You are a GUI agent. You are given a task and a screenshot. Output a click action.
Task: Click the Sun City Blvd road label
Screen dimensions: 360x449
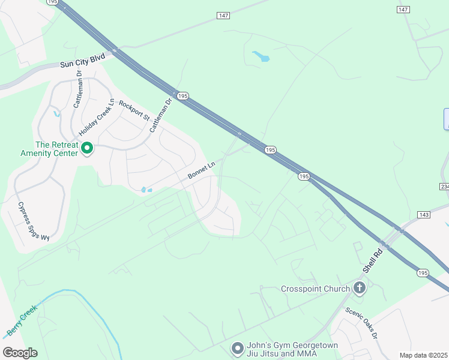pyautogui.click(x=82, y=61)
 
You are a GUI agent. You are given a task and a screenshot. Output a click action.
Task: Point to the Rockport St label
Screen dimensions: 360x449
pyautogui.click(x=133, y=110)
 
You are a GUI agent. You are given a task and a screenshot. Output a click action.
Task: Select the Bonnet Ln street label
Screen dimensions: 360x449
pyautogui.click(x=201, y=170)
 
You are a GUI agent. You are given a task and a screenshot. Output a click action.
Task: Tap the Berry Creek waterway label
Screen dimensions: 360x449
pyautogui.click(x=22, y=320)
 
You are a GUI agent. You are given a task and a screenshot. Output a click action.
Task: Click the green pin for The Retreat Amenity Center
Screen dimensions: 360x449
pyautogui.click(x=87, y=148)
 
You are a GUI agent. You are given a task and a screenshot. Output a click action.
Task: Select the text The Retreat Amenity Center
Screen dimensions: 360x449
pyautogui.click(x=57, y=149)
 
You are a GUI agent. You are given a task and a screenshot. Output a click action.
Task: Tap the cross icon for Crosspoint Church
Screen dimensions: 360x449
pyautogui.click(x=359, y=289)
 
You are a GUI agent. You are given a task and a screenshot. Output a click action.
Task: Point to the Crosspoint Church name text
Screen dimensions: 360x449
pyautogui.click(x=315, y=289)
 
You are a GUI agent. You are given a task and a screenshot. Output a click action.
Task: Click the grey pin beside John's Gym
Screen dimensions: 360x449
pyautogui.click(x=237, y=348)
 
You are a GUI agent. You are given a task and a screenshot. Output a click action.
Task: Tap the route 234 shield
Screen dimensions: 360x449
pyautogui.click(x=445, y=187)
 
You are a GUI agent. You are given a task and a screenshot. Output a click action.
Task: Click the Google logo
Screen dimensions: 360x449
pyautogui.click(x=20, y=353)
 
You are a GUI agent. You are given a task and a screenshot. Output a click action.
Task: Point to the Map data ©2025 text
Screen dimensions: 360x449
pyautogui.click(x=423, y=355)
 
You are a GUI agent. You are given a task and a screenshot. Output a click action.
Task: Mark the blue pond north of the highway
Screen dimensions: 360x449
pyautogui.click(x=261, y=57)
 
